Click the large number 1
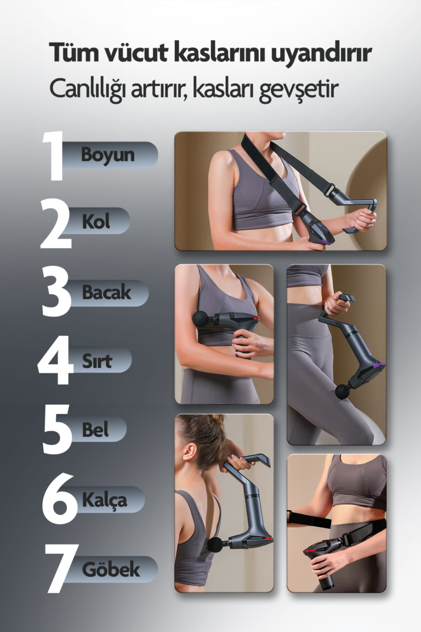[54, 156]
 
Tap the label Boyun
[107, 154]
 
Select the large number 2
[55, 223]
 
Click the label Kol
[96, 221]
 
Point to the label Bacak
[107, 292]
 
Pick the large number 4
[55, 360]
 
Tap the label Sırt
[96, 361]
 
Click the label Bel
[95, 430]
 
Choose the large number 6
[59, 499]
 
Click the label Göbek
[111, 569]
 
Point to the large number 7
[60, 568]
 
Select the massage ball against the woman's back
[215, 545]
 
